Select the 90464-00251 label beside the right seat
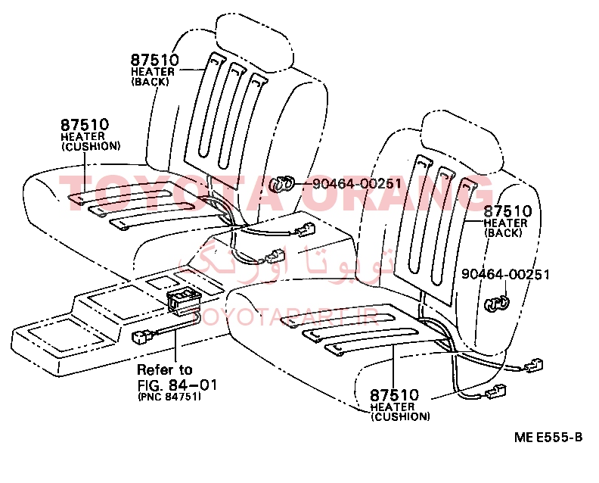[x=505, y=274]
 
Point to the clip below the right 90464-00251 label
[x=496, y=304]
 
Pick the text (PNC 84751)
[x=169, y=396]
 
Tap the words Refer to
[x=164, y=369]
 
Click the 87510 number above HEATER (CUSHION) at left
[x=85, y=125]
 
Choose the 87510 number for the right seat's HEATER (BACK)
[x=507, y=211]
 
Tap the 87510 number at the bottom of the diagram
[x=394, y=395]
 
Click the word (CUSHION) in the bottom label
[x=400, y=416]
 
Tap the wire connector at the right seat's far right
[x=535, y=367]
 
